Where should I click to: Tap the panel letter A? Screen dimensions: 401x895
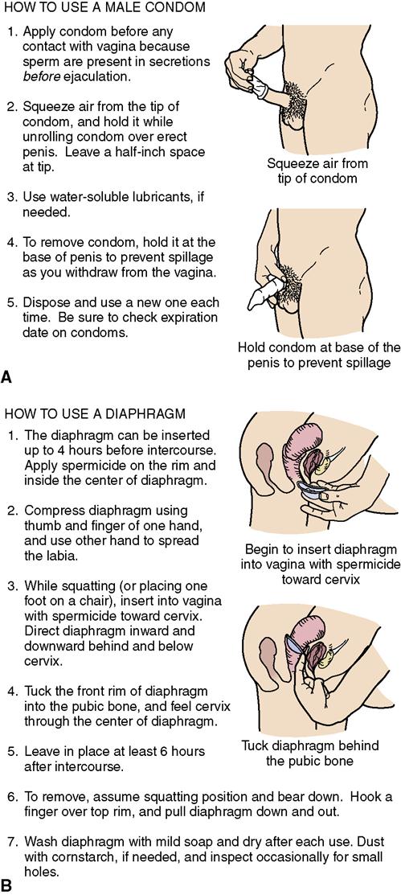click(7, 376)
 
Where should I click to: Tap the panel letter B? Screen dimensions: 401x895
click(7, 885)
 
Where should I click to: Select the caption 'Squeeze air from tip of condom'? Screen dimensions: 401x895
click(317, 170)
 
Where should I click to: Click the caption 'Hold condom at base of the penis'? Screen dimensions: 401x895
click(319, 355)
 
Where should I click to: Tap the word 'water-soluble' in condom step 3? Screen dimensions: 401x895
click(81, 197)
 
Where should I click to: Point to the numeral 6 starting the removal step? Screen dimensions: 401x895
click(13, 796)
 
